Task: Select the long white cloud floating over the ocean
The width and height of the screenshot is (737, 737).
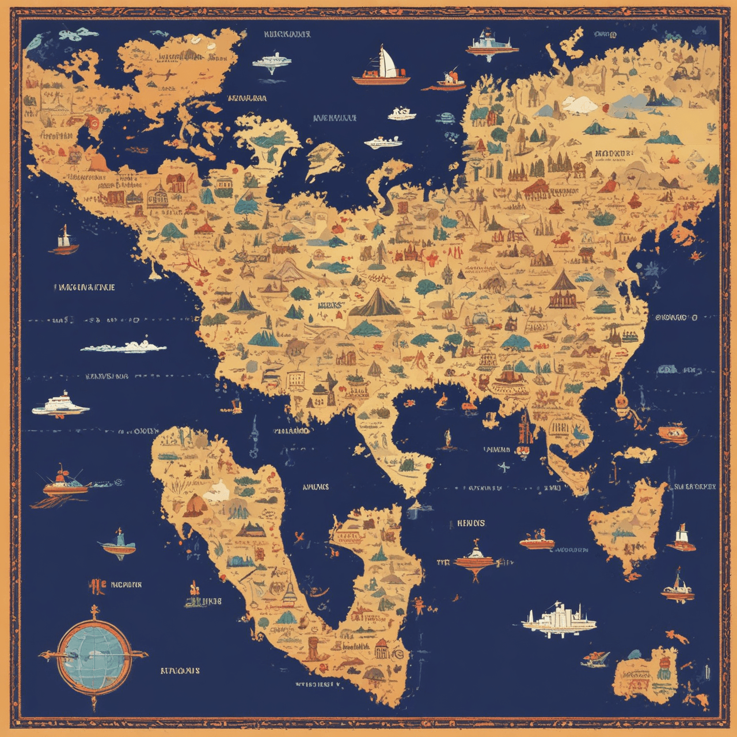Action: [124, 347]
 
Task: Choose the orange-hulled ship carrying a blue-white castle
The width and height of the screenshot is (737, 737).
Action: [492, 44]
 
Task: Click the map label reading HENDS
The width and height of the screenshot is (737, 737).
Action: [471, 523]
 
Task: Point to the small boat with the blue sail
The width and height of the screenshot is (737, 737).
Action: [118, 544]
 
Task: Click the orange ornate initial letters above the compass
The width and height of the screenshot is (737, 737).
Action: [96, 586]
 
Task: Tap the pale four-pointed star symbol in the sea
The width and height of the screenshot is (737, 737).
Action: [503, 467]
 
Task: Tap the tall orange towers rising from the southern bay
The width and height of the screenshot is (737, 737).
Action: [525, 429]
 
